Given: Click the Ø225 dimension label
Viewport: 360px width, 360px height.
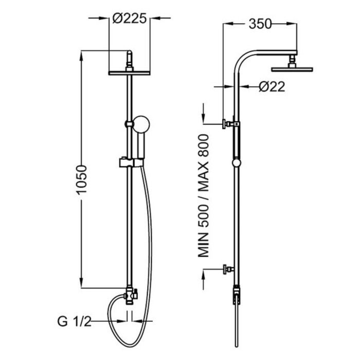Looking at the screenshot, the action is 130,18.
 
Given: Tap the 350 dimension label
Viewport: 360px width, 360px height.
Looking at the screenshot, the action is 260,24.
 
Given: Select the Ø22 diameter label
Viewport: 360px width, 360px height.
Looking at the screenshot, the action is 272,87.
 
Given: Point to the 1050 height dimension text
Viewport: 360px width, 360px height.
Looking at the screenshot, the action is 82,180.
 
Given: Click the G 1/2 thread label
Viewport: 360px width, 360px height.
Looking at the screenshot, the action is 74,322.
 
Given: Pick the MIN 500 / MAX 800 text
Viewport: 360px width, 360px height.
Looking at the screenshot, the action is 204,195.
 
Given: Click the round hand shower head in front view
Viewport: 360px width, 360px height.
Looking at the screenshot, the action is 141,124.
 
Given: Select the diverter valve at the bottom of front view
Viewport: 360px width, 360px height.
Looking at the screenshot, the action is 130,296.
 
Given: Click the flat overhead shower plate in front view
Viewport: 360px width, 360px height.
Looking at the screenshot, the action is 129,73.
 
